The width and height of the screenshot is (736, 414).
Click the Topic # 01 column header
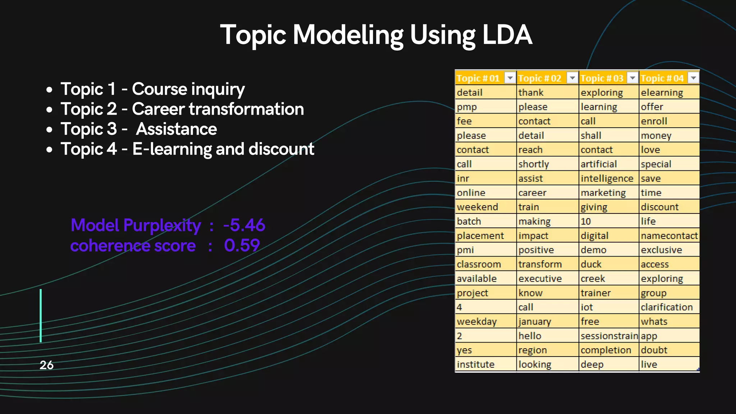(478, 78)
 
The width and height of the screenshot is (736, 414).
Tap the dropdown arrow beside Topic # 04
(693, 78)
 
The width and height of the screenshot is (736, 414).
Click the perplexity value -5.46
(244, 225)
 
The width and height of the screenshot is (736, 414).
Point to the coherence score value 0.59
(241, 246)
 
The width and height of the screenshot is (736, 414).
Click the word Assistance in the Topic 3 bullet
(176, 129)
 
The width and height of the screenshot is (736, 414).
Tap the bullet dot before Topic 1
(50, 90)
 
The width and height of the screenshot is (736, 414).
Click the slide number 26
(46, 365)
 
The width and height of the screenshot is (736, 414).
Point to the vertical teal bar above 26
(41, 316)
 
